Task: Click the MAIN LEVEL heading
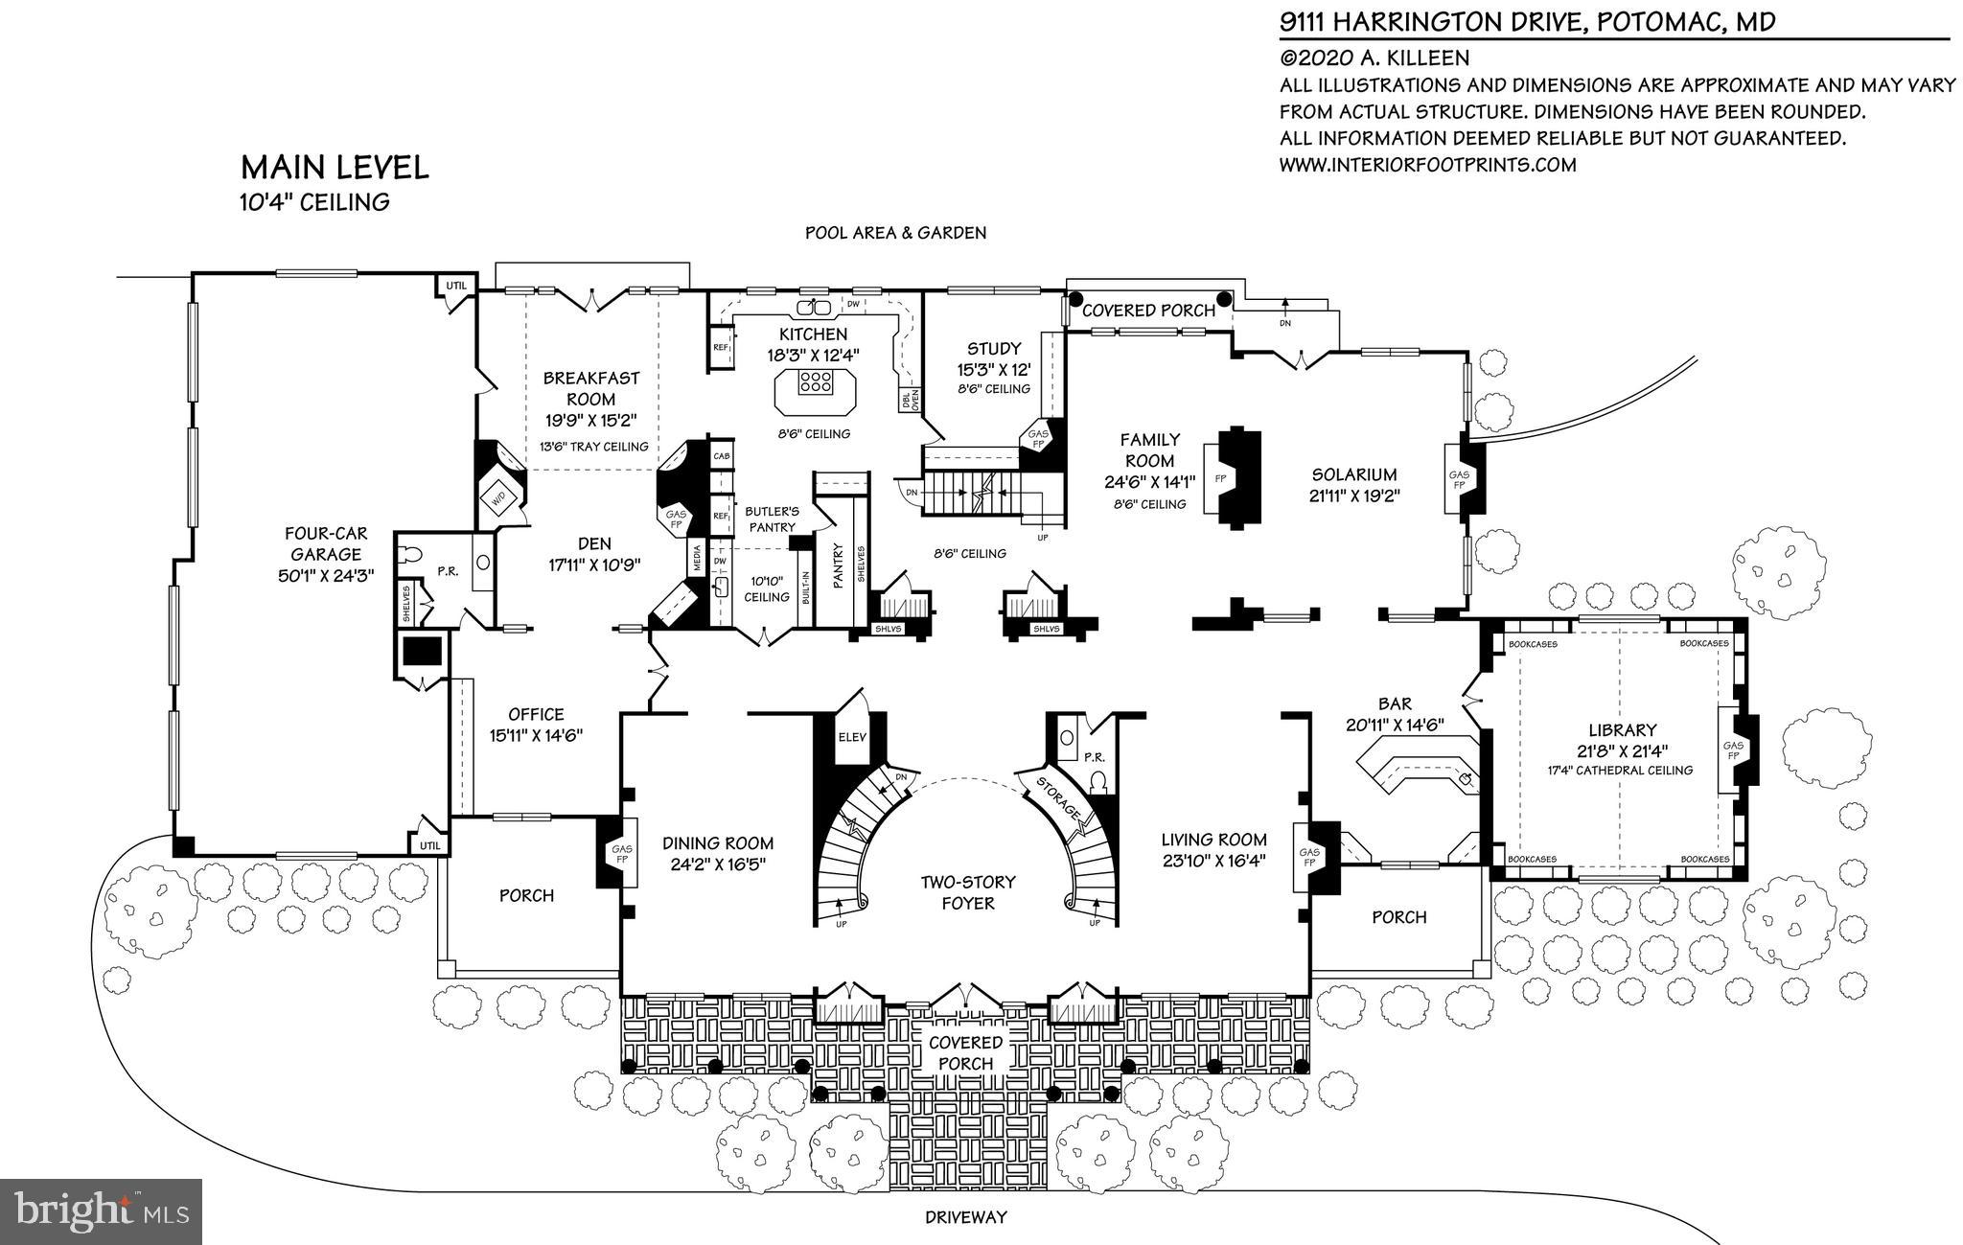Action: click(334, 168)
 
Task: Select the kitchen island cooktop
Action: click(815, 382)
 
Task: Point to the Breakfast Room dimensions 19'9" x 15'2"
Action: click(590, 420)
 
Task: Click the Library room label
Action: click(1622, 730)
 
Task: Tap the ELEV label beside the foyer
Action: click(851, 738)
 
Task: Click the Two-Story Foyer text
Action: click(968, 892)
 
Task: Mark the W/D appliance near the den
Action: click(498, 497)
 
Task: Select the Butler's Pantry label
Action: click(773, 519)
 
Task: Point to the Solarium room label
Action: click(1354, 474)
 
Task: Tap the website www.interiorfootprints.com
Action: click(1427, 165)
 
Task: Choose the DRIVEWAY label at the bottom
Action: click(965, 1218)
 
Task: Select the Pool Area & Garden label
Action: click(895, 233)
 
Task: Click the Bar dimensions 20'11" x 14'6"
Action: click(1395, 725)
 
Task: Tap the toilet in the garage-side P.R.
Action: click(413, 554)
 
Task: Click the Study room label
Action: click(993, 349)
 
